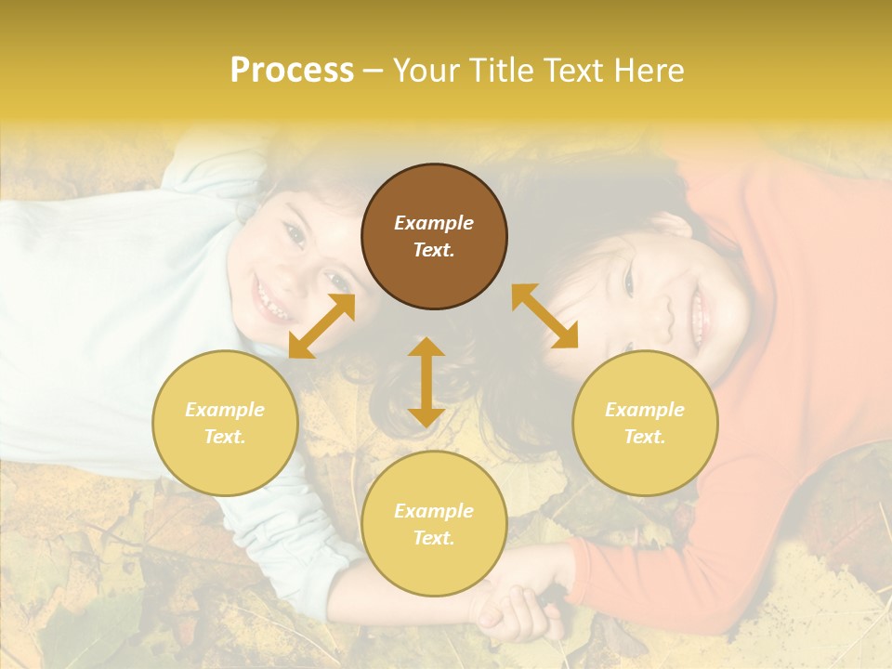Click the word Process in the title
[x=292, y=71]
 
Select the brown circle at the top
[x=434, y=236]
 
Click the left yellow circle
[x=225, y=423]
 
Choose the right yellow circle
[x=645, y=423]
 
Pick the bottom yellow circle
[x=434, y=524]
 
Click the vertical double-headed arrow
[x=426, y=382]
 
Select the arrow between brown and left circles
[x=322, y=325]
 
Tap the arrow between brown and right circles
[x=544, y=316]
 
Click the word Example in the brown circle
[x=434, y=223]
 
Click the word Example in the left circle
[x=225, y=410]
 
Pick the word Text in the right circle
[x=644, y=437]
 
